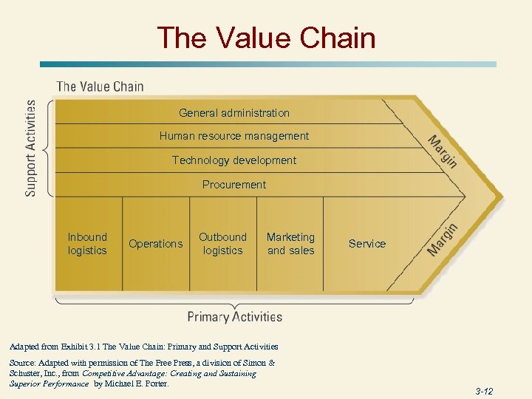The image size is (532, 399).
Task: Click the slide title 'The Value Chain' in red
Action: [266, 38]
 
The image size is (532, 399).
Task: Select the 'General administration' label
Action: [234, 113]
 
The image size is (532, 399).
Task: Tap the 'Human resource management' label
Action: [234, 136]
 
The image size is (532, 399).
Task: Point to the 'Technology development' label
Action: [234, 160]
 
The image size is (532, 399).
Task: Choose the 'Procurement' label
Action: [234, 185]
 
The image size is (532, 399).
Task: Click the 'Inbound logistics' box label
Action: [87, 244]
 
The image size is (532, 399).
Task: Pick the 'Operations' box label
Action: [155, 244]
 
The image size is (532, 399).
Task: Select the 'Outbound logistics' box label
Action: [222, 244]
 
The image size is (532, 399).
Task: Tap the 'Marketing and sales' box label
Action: [290, 244]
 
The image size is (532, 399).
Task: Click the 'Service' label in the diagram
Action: [367, 244]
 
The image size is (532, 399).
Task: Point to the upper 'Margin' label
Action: [443, 151]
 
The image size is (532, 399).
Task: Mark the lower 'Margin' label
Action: [443, 240]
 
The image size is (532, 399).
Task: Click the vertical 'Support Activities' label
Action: [31, 148]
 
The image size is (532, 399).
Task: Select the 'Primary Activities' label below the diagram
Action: [235, 317]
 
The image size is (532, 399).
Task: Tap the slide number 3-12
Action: [484, 391]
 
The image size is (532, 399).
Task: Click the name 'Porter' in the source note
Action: [157, 383]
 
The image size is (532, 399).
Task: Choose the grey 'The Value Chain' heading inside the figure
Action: [100, 86]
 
